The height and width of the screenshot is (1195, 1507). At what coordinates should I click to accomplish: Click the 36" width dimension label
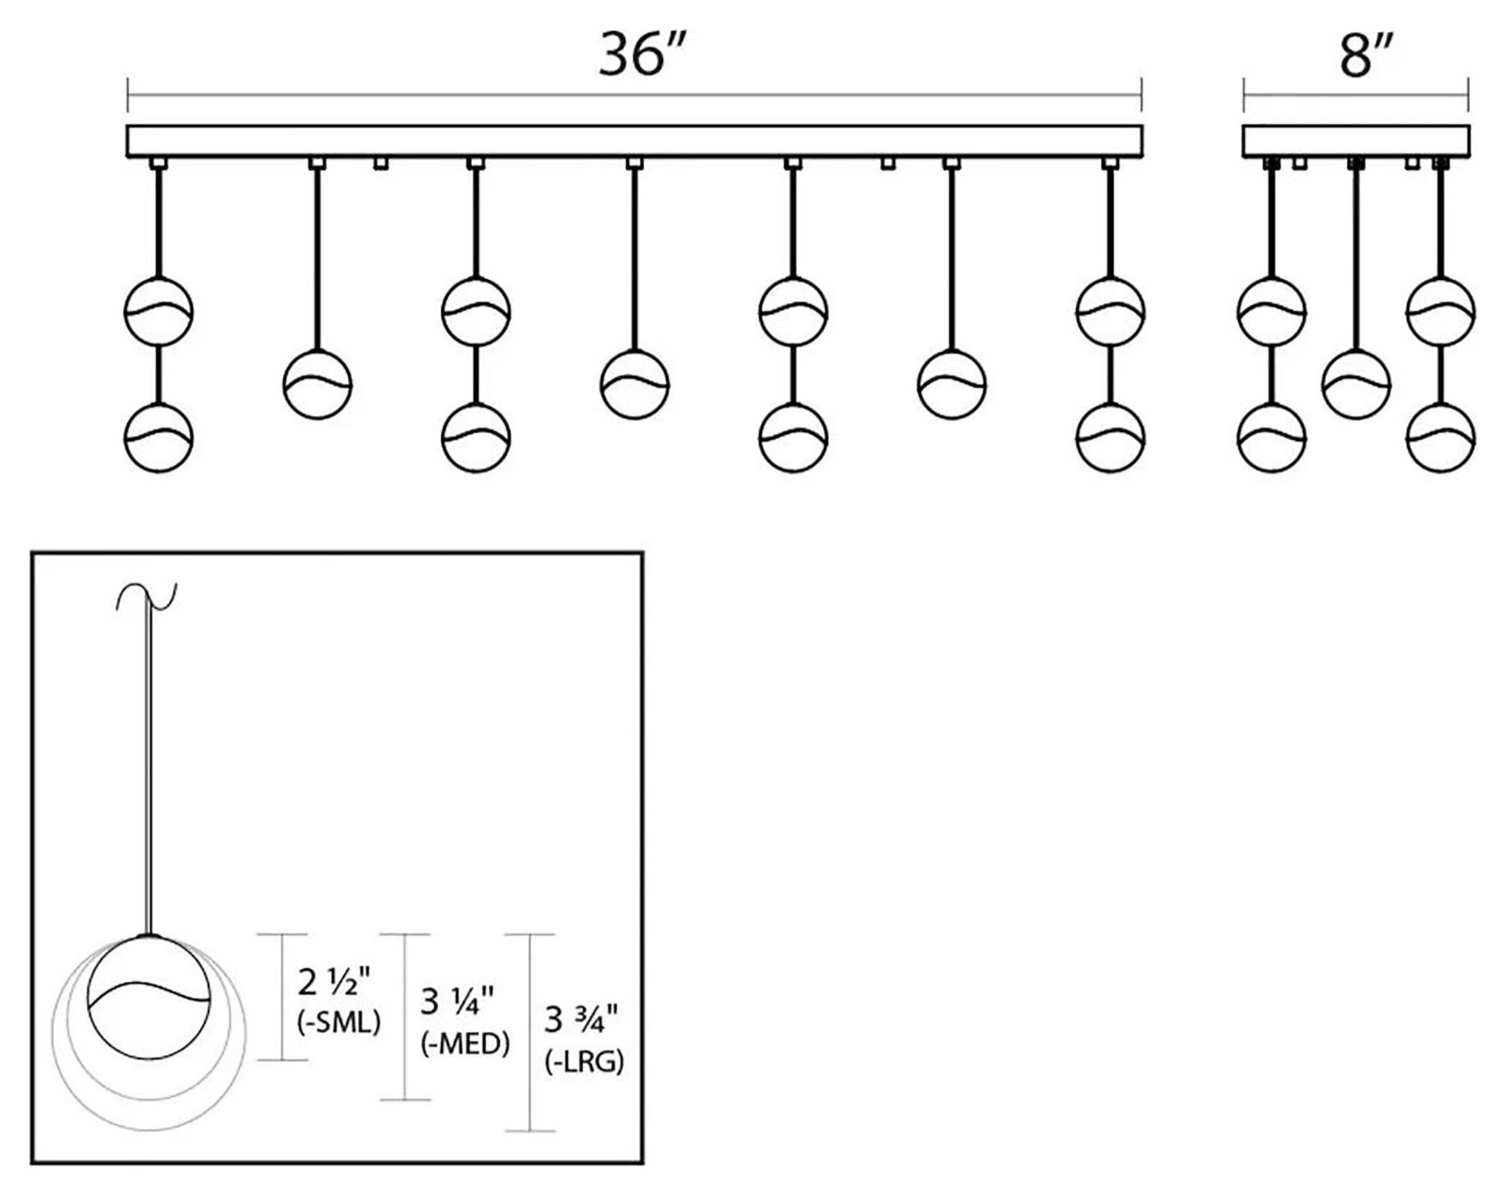(642, 54)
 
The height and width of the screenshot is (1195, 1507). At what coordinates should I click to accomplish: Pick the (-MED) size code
(465, 1044)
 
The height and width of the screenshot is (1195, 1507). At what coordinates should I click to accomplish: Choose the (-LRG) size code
(584, 1063)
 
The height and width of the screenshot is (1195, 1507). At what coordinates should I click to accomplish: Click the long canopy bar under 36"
(634, 141)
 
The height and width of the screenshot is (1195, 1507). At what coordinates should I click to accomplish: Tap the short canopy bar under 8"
(1356, 141)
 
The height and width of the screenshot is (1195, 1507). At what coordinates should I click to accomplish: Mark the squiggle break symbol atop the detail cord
(145, 596)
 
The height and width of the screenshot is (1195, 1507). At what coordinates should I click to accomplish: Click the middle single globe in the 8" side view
(1356, 383)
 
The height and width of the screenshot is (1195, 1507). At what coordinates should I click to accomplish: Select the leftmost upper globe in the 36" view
(158, 311)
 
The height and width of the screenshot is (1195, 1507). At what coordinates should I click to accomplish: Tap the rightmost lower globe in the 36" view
(1110, 438)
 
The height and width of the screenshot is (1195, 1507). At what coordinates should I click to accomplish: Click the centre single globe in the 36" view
(634, 384)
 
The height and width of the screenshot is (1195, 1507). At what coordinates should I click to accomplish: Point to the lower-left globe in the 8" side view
(1272, 438)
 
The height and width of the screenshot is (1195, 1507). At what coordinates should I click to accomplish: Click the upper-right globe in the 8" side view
(1440, 311)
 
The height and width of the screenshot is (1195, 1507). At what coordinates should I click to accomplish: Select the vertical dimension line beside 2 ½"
(282, 996)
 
